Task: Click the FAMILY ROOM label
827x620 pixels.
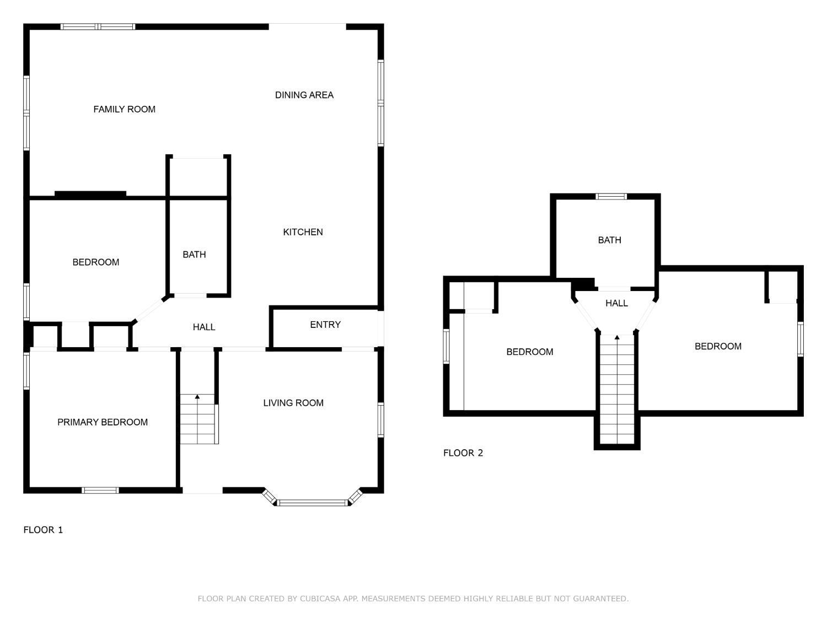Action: pos(125,109)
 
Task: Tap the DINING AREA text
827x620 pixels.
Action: pos(304,95)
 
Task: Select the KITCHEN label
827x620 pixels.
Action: pos(303,232)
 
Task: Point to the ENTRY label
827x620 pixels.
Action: pos(325,325)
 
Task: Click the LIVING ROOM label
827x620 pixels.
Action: pos(293,403)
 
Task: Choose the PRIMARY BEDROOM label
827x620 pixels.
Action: pos(103,422)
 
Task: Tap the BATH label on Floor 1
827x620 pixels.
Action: pos(194,255)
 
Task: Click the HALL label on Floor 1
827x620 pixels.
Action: pos(204,327)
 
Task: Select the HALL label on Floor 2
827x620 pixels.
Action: pos(616,303)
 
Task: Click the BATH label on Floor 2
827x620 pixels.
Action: pos(609,240)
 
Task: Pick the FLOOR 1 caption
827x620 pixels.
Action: pos(43,530)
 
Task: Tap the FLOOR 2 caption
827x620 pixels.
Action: pos(463,453)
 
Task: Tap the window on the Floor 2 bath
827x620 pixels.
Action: pos(611,197)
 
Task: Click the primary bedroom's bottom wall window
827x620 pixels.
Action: pos(100,490)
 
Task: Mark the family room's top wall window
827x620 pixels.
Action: pos(98,26)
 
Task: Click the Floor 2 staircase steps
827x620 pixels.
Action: pos(617,390)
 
